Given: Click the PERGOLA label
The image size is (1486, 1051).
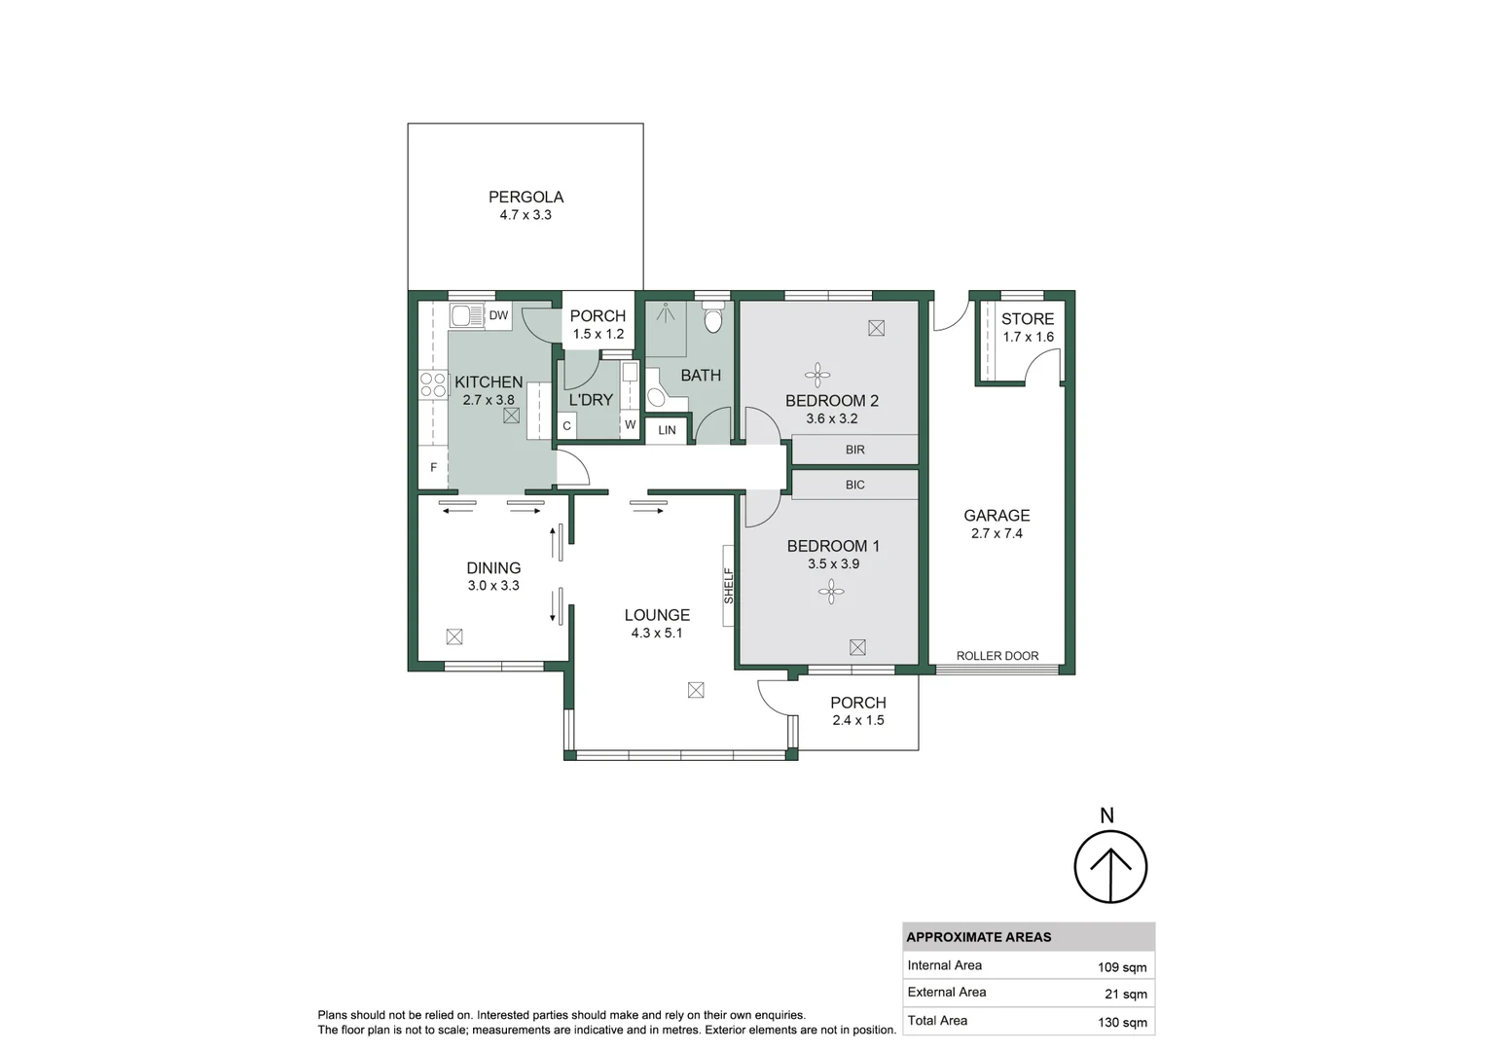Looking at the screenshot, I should pos(526,197).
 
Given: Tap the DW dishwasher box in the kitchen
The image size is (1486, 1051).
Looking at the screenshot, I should pos(498,315).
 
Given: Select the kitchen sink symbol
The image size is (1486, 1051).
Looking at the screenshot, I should pos(466,315).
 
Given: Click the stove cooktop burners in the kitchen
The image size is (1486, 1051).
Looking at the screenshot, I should pos(432,383).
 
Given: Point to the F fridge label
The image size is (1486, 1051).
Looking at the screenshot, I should pos(433,468).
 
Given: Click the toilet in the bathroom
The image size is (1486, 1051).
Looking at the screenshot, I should pos(713,320).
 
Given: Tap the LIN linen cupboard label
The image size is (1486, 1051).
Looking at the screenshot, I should pos(667,430).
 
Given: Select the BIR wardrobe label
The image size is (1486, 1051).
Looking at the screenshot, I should pos(854,450).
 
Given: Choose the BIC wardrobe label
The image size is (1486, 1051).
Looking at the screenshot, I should pos(854,485).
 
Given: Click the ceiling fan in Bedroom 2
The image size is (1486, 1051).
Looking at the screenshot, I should pos(817,375).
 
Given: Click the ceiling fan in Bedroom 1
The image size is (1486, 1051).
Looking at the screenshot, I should pos(831,591).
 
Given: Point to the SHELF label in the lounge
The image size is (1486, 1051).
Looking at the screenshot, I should pos(728,586).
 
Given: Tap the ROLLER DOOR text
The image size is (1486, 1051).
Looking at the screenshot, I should pos(997,656).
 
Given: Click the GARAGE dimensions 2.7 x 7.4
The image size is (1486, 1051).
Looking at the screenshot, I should pos(997,533).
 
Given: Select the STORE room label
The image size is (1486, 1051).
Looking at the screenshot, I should pos(1028,319).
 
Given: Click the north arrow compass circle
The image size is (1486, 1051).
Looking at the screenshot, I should pos(1110,866).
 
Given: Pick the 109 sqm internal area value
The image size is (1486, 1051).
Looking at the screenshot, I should pos(1121,967).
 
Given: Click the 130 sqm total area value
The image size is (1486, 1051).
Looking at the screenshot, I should pos(1121,1022).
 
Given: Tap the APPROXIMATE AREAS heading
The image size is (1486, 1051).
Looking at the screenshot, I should pos(978,937).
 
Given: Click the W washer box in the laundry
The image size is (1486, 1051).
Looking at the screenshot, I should pos(630,424).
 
